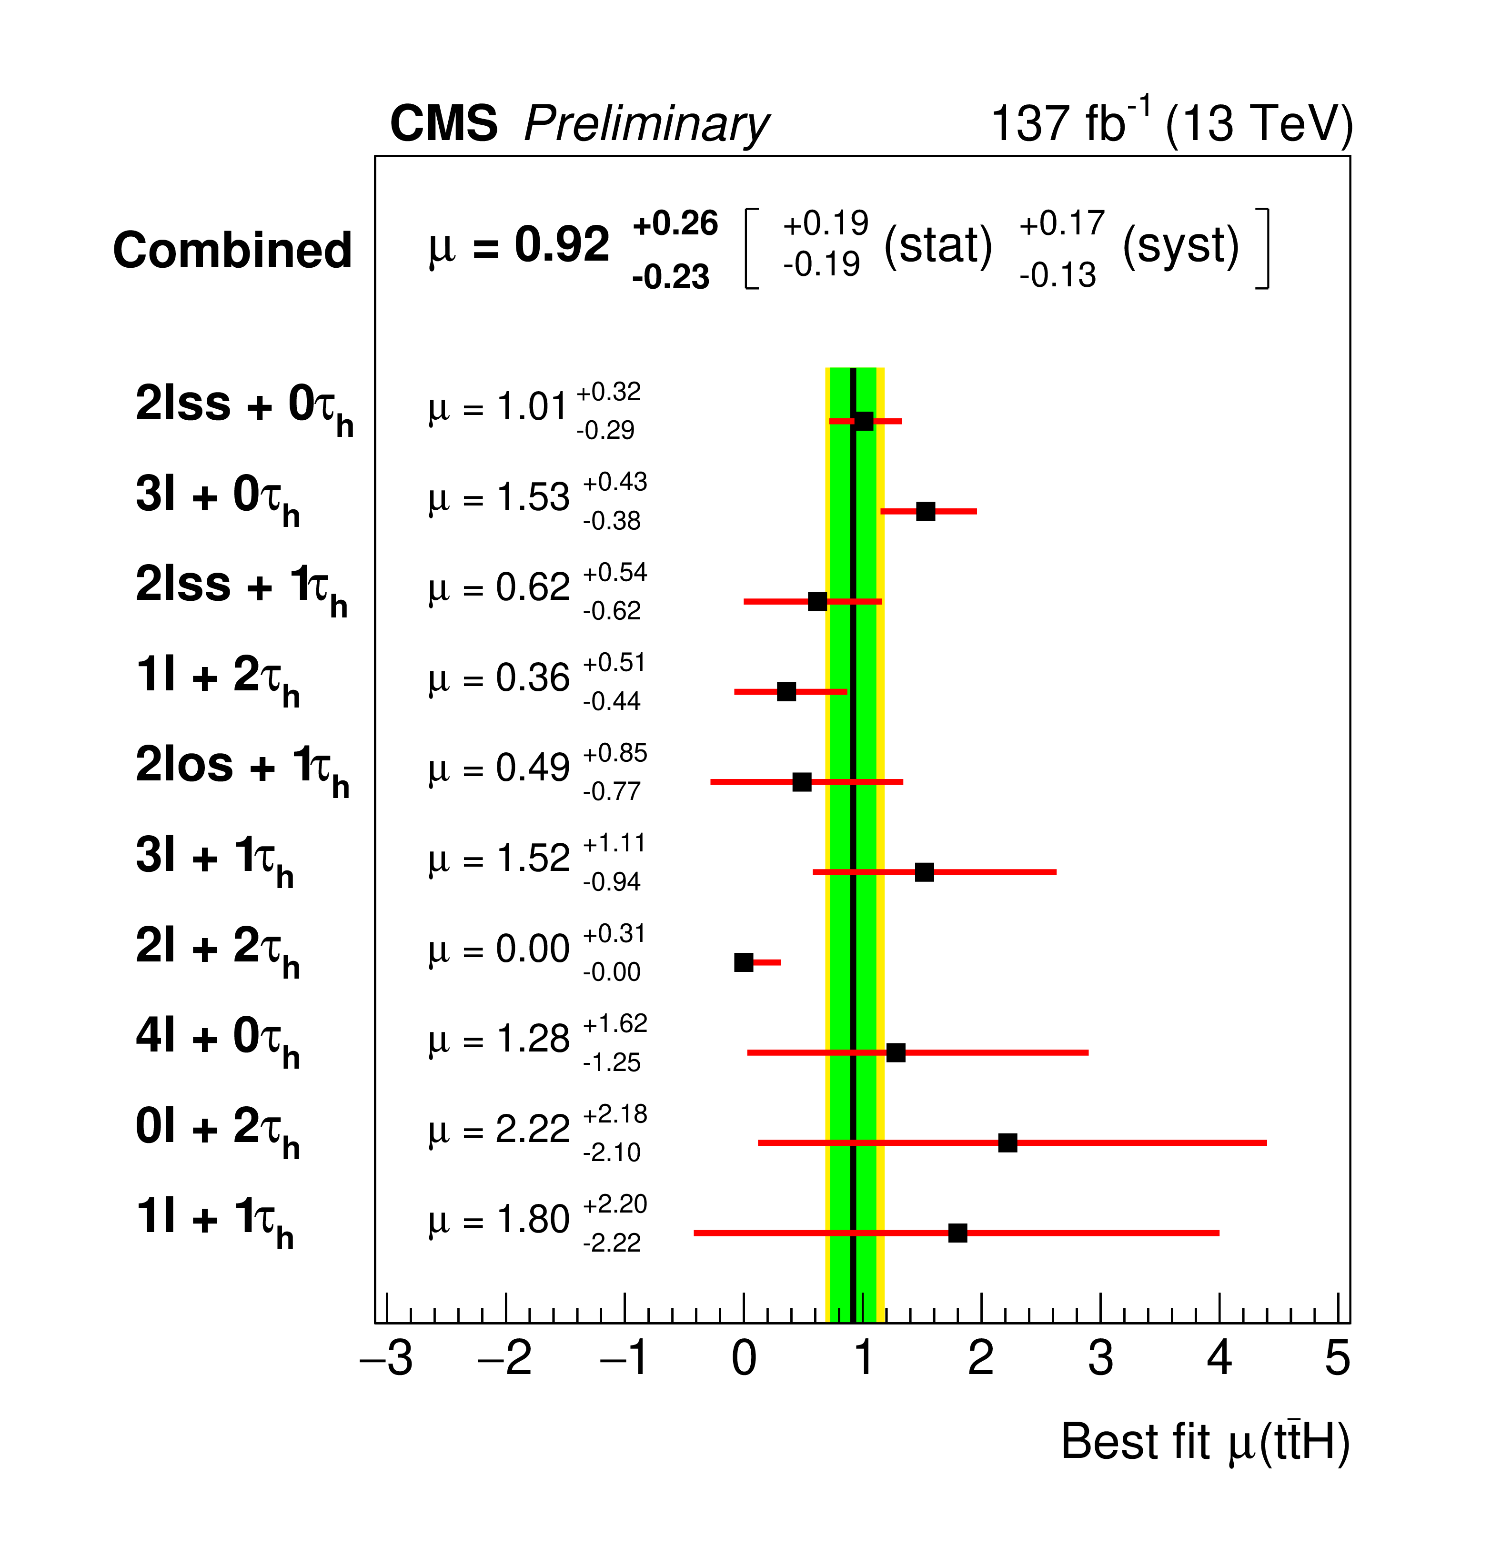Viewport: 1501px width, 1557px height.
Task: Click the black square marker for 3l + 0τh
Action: pyautogui.click(x=925, y=512)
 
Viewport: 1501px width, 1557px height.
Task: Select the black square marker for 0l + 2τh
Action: pyautogui.click(x=1007, y=1143)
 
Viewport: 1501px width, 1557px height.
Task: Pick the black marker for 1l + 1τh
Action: pyautogui.click(x=958, y=1233)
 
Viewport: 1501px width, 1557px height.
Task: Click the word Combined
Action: pyautogui.click(x=232, y=250)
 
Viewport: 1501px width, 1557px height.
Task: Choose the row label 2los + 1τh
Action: pyautogui.click(x=242, y=769)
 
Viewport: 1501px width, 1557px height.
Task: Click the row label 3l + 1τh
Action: pyautogui.click(x=214, y=859)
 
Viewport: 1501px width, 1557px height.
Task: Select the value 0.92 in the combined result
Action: pyautogui.click(x=562, y=245)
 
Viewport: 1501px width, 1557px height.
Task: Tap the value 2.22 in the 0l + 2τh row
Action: pyautogui.click(x=532, y=1130)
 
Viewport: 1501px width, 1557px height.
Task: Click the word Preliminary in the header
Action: pyautogui.click(x=646, y=125)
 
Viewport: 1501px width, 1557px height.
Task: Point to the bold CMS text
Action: pyautogui.click(x=444, y=125)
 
